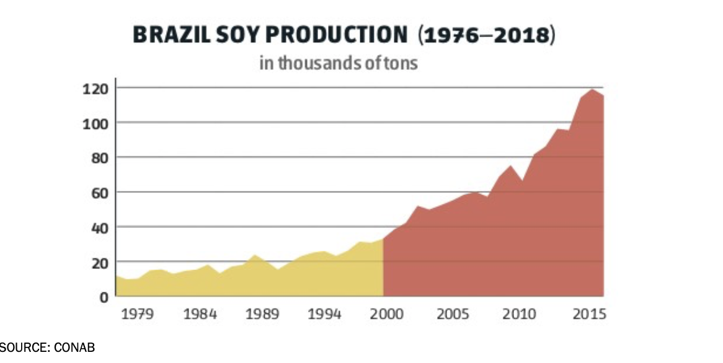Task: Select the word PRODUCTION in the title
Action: coord(333,35)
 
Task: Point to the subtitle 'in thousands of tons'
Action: coord(338,63)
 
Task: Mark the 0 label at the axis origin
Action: coord(104,297)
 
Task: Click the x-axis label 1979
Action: coord(137,314)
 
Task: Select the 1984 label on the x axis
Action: coord(200,314)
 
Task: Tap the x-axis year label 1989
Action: coord(263,314)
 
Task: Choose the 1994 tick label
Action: coord(325,314)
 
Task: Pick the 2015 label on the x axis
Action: coord(587,314)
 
